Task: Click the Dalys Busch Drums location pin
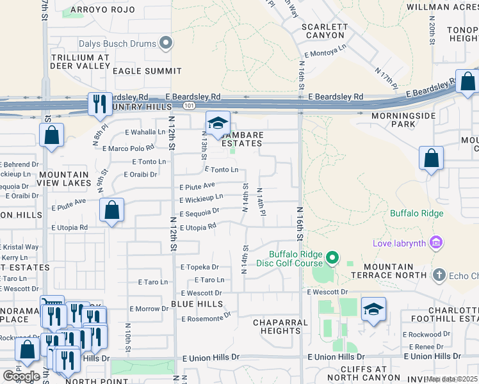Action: pyautogui.click(x=166, y=44)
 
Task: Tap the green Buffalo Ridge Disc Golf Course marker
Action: pyautogui.click(x=332, y=258)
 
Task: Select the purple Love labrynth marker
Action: pyautogui.click(x=436, y=243)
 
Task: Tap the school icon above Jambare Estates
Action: pyautogui.click(x=218, y=124)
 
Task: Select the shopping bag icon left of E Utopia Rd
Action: pyautogui.click(x=112, y=210)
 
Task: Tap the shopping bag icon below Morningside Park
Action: pyautogui.click(x=432, y=158)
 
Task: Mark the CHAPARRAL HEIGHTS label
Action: pyautogui.click(x=277, y=326)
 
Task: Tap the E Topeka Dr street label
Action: pyautogui.click(x=200, y=267)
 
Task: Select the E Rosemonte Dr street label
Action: pyautogui.click(x=206, y=318)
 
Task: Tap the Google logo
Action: pyautogui.click(x=21, y=376)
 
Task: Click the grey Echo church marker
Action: pyautogui.click(x=439, y=275)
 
